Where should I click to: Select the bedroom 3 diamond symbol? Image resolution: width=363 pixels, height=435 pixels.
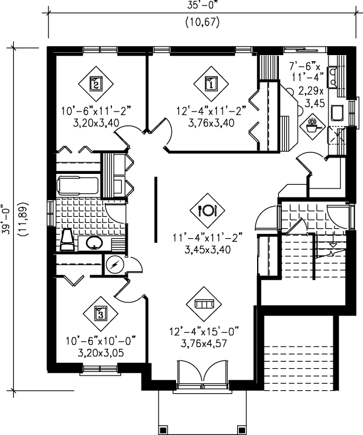pyautogui.click(x=100, y=313)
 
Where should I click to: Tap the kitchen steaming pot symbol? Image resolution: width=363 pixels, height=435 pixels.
pyautogui.click(x=313, y=125)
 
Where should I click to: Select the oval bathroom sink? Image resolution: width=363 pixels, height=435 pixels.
pyautogui.click(x=93, y=244)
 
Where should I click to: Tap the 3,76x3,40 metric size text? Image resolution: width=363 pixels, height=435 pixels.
pyautogui.click(x=208, y=123)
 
